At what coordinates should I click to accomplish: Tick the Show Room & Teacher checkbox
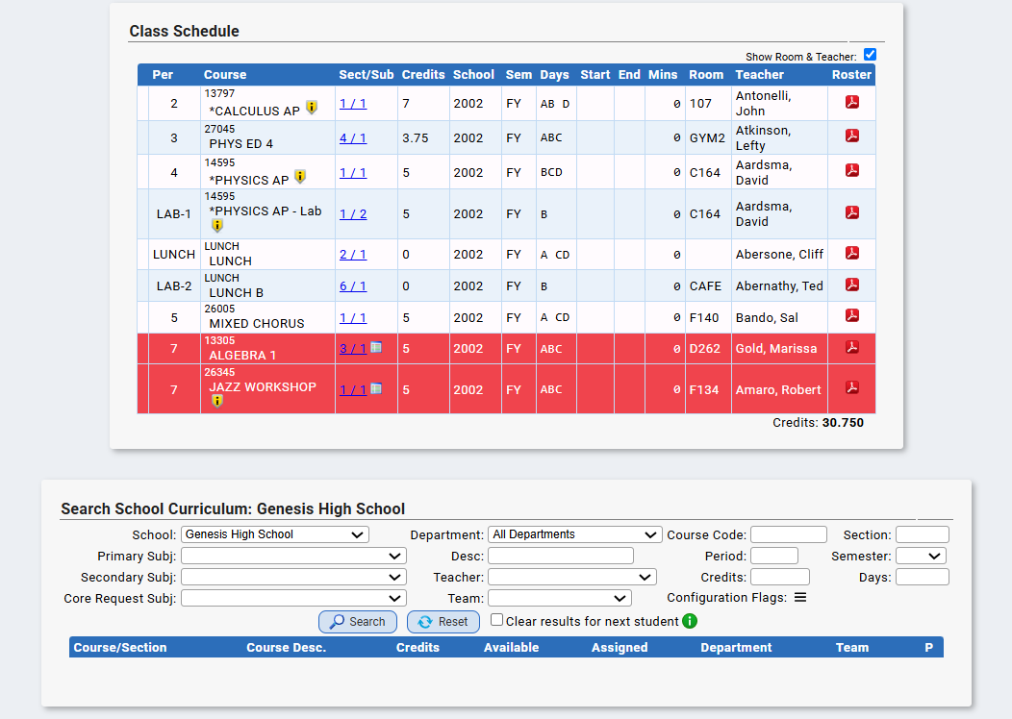pyautogui.click(x=870, y=55)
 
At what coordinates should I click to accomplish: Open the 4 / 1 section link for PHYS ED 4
pyautogui.click(x=353, y=138)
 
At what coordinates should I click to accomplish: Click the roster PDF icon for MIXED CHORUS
pyautogui.click(x=852, y=315)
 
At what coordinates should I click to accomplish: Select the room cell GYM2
pyautogui.click(x=707, y=138)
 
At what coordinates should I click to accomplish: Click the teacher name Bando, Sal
pyautogui.click(x=767, y=318)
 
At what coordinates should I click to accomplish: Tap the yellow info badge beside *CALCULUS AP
pyautogui.click(x=312, y=108)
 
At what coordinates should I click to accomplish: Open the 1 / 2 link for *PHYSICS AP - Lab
pyautogui.click(x=353, y=214)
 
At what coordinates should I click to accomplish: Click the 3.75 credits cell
pyautogui.click(x=415, y=138)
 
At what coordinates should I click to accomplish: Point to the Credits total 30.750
pyautogui.click(x=843, y=423)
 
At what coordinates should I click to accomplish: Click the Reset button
pyautogui.click(x=443, y=622)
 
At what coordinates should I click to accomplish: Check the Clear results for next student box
pyautogui.click(x=496, y=620)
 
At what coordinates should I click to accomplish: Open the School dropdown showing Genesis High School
pyautogui.click(x=275, y=534)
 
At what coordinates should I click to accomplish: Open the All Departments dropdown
pyautogui.click(x=575, y=534)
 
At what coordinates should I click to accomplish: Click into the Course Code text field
pyautogui.click(x=789, y=534)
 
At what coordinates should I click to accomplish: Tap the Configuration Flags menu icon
pyautogui.click(x=800, y=598)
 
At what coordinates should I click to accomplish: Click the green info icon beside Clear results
pyautogui.click(x=690, y=621)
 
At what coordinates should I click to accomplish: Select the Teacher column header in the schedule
pyautogui.click(x=760, y=75)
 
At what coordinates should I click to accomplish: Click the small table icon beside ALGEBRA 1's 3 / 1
pyautogui.click(x=376, y=348)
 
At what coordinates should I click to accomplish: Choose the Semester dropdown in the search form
pyautogui.click(x=922, y=556)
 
